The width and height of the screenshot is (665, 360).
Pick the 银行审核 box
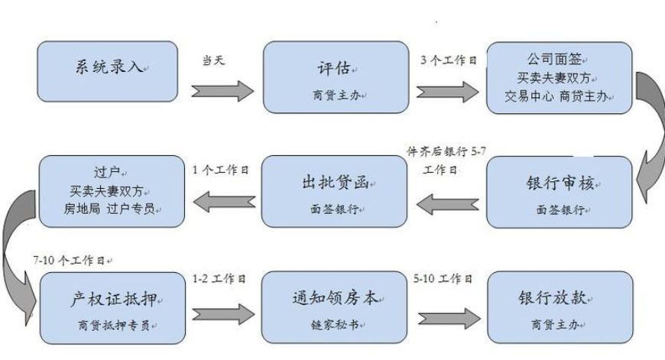560,192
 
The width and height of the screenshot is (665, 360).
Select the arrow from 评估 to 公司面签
447,91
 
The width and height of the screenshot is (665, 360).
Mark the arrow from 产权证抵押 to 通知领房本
221,313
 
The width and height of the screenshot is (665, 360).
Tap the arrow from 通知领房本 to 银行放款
447,313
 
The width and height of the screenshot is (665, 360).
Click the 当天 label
212,60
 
